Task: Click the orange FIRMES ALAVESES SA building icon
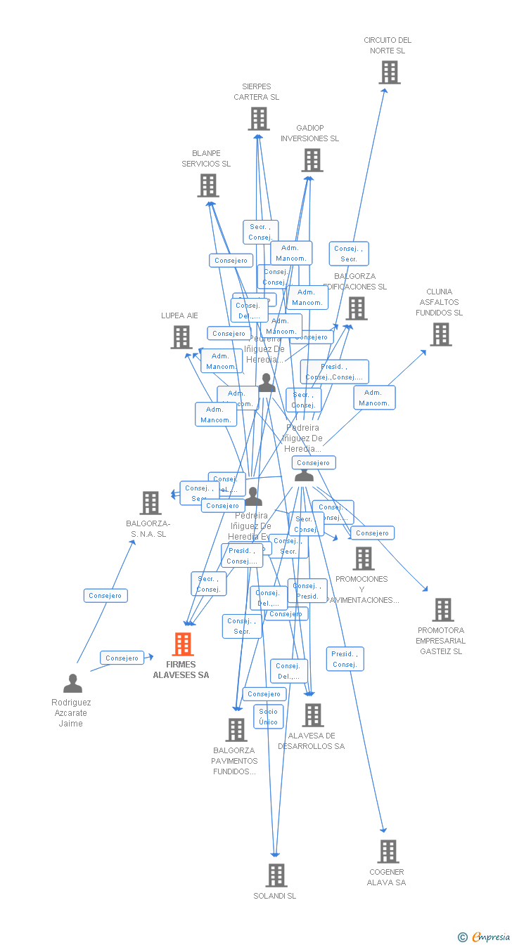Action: coord(183,644)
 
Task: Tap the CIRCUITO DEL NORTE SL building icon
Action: coord(389,72)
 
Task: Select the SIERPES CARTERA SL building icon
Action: coord(258,119)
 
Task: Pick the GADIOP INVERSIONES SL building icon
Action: coord(312,160)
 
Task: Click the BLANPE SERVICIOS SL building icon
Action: coord(207,185)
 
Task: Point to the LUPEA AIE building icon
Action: coord(181,337)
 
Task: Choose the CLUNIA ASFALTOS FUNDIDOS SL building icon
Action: coord(441,334)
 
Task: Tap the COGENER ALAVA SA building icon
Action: coord(388,852)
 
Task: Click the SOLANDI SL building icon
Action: coord(276,875)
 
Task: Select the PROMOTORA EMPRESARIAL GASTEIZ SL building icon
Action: coord(442,610)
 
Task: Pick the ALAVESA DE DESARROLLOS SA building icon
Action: coord(312,715)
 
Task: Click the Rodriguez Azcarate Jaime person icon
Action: coord(72,683)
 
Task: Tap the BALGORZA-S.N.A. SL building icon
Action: coord(150,503)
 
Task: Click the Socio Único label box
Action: coord(269,717)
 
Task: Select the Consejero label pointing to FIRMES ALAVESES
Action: coord(122,658)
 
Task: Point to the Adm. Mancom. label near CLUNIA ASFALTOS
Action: coord(374,398)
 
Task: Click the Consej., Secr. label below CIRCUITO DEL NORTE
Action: coord(349,254)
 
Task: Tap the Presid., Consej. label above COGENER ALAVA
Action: coord(345,659)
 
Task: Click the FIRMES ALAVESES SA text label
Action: coord(181,670)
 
